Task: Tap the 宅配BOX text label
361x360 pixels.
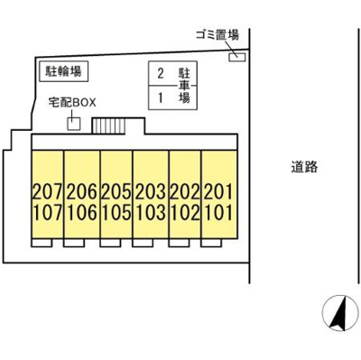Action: click(x=71, y=103)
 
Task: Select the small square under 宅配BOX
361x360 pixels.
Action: click(x=73, y=122)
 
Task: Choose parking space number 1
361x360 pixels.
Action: click(x=161, y=96)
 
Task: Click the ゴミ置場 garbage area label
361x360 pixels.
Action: click(x=217, y=35)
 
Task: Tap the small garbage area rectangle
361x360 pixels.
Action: click(x=236, y=58)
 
